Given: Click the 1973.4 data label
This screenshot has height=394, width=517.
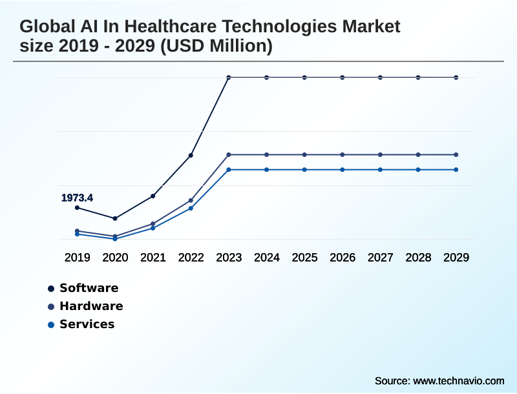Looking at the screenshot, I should (x=77, y=198).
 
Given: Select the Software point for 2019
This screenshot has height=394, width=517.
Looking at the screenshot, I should (x=77, y=207).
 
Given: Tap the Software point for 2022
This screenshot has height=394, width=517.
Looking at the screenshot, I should (x=191, y=155).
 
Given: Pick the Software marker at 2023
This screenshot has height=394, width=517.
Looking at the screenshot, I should (x=229, y=78).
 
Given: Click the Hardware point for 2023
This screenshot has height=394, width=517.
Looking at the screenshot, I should (x=229, y=154).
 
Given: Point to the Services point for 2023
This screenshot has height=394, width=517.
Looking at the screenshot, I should (x=229, y=169).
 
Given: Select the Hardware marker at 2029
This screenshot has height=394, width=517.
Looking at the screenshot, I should (x=456, y=154).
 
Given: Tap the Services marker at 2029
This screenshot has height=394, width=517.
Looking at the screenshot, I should (x=456, y=169).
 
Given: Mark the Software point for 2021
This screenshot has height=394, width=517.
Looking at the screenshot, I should (x=153, y=196).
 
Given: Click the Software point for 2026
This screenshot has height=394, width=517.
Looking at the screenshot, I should (x=343, y=78).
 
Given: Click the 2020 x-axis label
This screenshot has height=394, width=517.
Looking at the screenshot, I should (x=115, y=257).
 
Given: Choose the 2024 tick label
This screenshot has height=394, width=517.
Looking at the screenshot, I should (x=267, y=257).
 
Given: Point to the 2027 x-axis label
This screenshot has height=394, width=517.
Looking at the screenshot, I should (x=381, y=257).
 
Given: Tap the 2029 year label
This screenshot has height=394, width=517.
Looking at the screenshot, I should (x=456, y=257).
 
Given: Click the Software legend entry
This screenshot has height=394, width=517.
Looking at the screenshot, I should (x=89, y=288).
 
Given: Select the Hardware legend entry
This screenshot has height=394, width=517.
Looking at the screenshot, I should (x=90, y=306).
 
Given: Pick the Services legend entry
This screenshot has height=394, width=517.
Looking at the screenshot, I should (x=87, y=324).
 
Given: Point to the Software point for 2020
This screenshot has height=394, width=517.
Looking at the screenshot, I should (x=115, y=218).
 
